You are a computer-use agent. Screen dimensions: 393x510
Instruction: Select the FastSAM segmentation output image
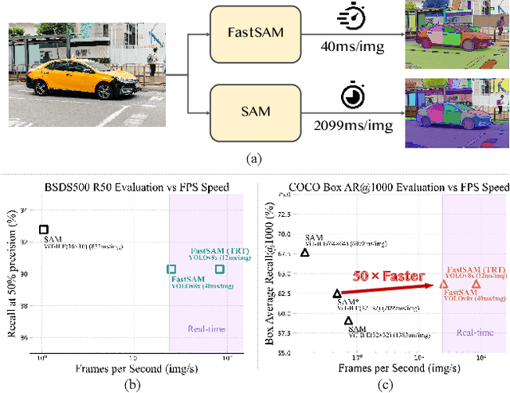tap(455, 37)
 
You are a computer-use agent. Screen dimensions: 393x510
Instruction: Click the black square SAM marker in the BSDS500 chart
tap(44, 230)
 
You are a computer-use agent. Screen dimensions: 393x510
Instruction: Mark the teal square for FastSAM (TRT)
tap(219, 269)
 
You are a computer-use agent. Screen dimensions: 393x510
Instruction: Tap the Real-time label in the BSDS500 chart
tap(206, 328)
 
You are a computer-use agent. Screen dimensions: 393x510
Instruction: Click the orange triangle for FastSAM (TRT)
tap(476, 284)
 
